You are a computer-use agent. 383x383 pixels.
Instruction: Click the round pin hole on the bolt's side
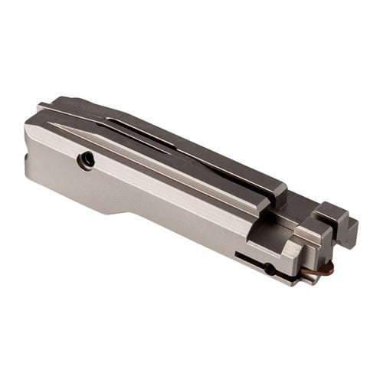87,160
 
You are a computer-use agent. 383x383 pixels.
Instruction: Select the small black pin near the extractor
269,268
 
